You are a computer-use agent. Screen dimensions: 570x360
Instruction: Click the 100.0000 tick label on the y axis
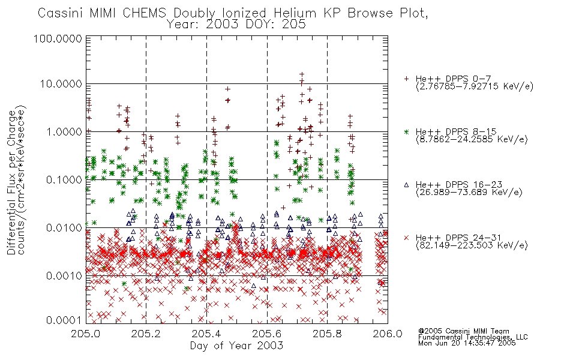[x=58, y=38]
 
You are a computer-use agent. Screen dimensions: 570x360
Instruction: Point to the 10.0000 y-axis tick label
[x=61, y=84]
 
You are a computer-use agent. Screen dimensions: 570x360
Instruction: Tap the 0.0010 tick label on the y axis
[x=64, y=276]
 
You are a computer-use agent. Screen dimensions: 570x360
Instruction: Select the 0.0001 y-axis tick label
[x=64, y=320]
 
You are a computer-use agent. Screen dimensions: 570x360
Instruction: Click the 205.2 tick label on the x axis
[x=146, y=334]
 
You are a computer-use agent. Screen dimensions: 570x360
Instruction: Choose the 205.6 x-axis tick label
[x=267, y=334]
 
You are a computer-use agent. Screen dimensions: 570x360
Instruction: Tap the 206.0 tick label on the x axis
[x=388, y=334]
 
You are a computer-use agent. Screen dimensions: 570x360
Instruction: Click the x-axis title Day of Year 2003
[x=236, y=346]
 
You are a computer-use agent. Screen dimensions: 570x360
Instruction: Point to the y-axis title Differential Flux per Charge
[x=13, y=182]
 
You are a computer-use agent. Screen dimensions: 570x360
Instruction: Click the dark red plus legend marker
[x=407, y=79]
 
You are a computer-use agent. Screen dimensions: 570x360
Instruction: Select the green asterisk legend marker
[x=407, y=131]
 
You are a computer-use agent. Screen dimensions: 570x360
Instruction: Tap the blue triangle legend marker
[x=407, y=185]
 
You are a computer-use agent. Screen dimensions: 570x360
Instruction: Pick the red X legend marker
[x=407, y=238]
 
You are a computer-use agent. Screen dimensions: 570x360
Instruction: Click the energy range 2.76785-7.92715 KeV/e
[x=475, y=87]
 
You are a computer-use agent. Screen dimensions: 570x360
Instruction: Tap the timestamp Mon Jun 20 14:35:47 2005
[x=467, y=343]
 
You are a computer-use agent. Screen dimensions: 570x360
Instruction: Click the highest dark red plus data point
[x=302, y=74]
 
